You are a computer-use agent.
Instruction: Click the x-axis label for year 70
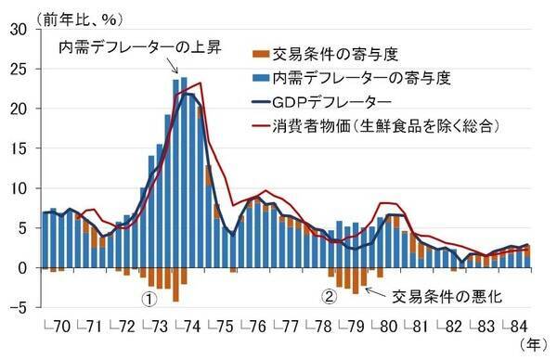coord(58,328)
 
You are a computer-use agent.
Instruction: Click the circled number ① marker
coord(148,300)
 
